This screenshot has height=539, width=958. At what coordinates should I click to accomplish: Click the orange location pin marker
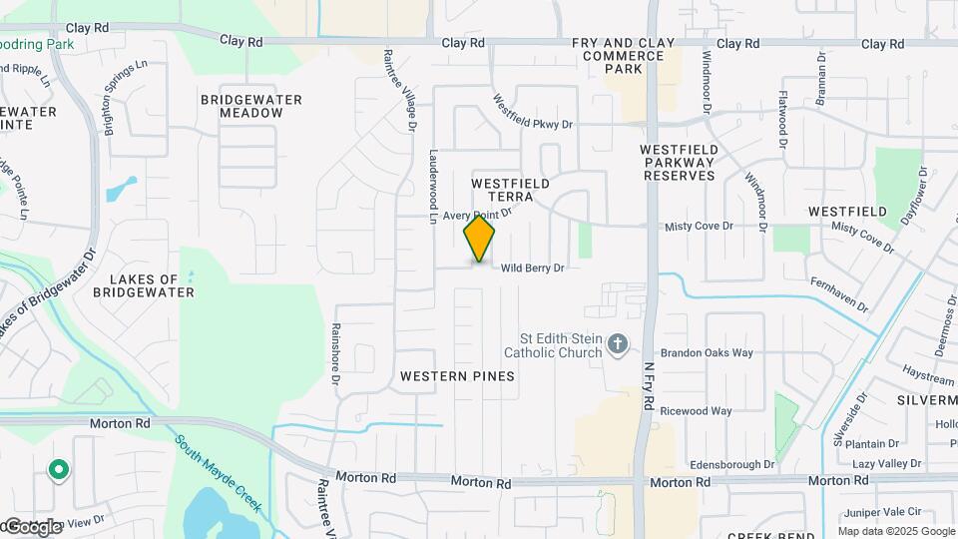pos(479,240)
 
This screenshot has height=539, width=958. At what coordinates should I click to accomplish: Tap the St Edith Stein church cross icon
pos(618,345)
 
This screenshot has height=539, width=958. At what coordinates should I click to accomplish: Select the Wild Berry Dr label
pos(533,268)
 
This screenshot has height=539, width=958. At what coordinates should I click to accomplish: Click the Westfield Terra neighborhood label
pos(510,191)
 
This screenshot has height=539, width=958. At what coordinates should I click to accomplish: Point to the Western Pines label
pos(457,376)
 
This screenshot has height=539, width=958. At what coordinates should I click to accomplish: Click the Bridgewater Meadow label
pos(241,106)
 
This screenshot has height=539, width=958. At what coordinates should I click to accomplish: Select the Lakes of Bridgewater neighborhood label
pos(143,286)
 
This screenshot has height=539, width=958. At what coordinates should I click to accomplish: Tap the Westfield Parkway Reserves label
pos(679,162)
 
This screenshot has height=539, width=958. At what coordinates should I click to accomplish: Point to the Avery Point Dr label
pos(477,214)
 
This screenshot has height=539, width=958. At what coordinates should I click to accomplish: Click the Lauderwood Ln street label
pos(434,187)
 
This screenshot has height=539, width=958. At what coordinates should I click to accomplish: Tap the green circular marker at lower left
pos(59,468)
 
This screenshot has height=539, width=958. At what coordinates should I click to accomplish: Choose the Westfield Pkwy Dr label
pos(534,112)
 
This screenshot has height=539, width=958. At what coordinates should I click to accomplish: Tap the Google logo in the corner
pos(32,527)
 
